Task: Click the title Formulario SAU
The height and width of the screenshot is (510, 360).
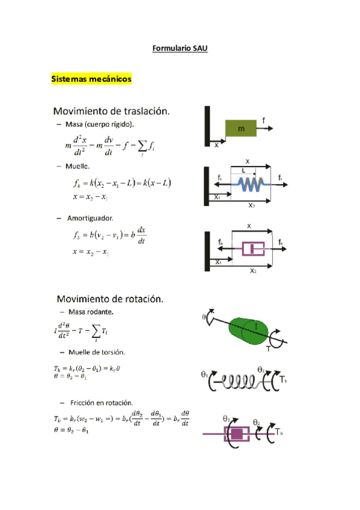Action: [180, 48]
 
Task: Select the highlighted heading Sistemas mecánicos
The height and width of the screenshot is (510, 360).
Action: [91, 79]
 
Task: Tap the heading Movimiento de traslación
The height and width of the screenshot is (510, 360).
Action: [111, 111]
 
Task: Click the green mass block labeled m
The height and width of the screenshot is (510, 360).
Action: [241, 129]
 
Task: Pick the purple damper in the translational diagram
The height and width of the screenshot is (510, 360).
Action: [249, 248]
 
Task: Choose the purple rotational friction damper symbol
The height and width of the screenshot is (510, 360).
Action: [237, 434]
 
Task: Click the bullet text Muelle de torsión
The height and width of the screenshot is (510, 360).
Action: [96, 351]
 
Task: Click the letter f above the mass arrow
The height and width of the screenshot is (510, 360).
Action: [264, 120]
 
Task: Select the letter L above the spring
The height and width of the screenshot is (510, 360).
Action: [243, 171]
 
